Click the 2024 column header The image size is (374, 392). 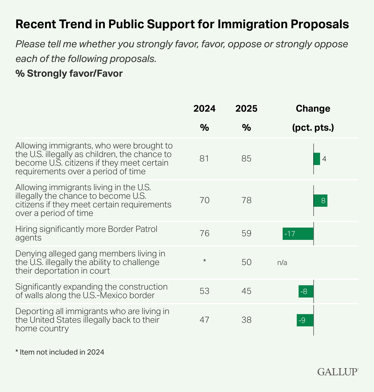coord(204,109)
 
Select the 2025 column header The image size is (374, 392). coord(246,109)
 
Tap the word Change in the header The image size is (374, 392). coord(313,109)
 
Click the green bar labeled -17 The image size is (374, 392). coord(298,234)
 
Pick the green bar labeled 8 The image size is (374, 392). coord(320,201)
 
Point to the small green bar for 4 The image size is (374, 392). coord(317,159)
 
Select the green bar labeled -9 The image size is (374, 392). coord(305,320)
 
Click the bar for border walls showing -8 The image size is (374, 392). coord(306,291)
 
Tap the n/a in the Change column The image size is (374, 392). coord(282,263)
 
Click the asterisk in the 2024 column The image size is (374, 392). coord(204,261)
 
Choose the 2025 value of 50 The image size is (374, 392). coord(246,262)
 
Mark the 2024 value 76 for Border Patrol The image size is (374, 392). coord(204,233)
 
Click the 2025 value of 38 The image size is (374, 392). coord(246,320)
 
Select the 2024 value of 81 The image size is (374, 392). coord(204,159)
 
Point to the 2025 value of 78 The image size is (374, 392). coord(246,200)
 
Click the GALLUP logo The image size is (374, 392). coord(338,372)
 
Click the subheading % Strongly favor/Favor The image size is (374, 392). coord(69,74)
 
